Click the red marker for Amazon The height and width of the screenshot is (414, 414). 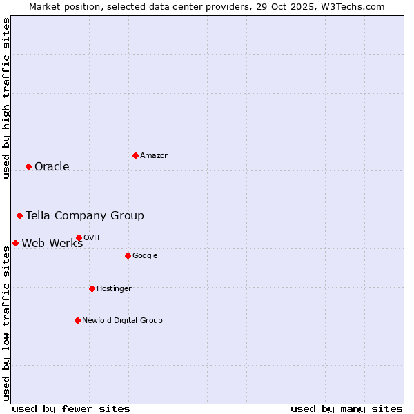point(135,155)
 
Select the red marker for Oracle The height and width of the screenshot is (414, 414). point(28,166)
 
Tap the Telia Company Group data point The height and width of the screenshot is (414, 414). point(19,215)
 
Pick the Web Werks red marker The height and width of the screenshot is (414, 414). point(15,243)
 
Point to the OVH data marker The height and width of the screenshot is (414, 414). point(79,237)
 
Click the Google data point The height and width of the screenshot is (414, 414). point(128,255)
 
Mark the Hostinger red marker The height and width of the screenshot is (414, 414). point(92,288)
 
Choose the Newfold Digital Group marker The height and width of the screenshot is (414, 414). point(77,320)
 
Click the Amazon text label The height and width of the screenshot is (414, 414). point(155,156)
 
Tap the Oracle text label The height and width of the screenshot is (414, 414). point(52,166)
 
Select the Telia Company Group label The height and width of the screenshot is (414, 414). point(85,215)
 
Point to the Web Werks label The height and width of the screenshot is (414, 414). point(52,243)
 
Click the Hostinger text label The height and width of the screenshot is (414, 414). point(114,288)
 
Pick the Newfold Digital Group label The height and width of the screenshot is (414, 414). point(122,320)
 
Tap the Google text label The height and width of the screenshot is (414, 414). point(145,255)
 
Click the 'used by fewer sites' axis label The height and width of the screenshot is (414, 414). point(71,408)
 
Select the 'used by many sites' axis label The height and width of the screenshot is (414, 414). point(346,408)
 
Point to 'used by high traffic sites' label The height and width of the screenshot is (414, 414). point(6,98)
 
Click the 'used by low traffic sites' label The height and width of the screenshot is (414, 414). point(6,323)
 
